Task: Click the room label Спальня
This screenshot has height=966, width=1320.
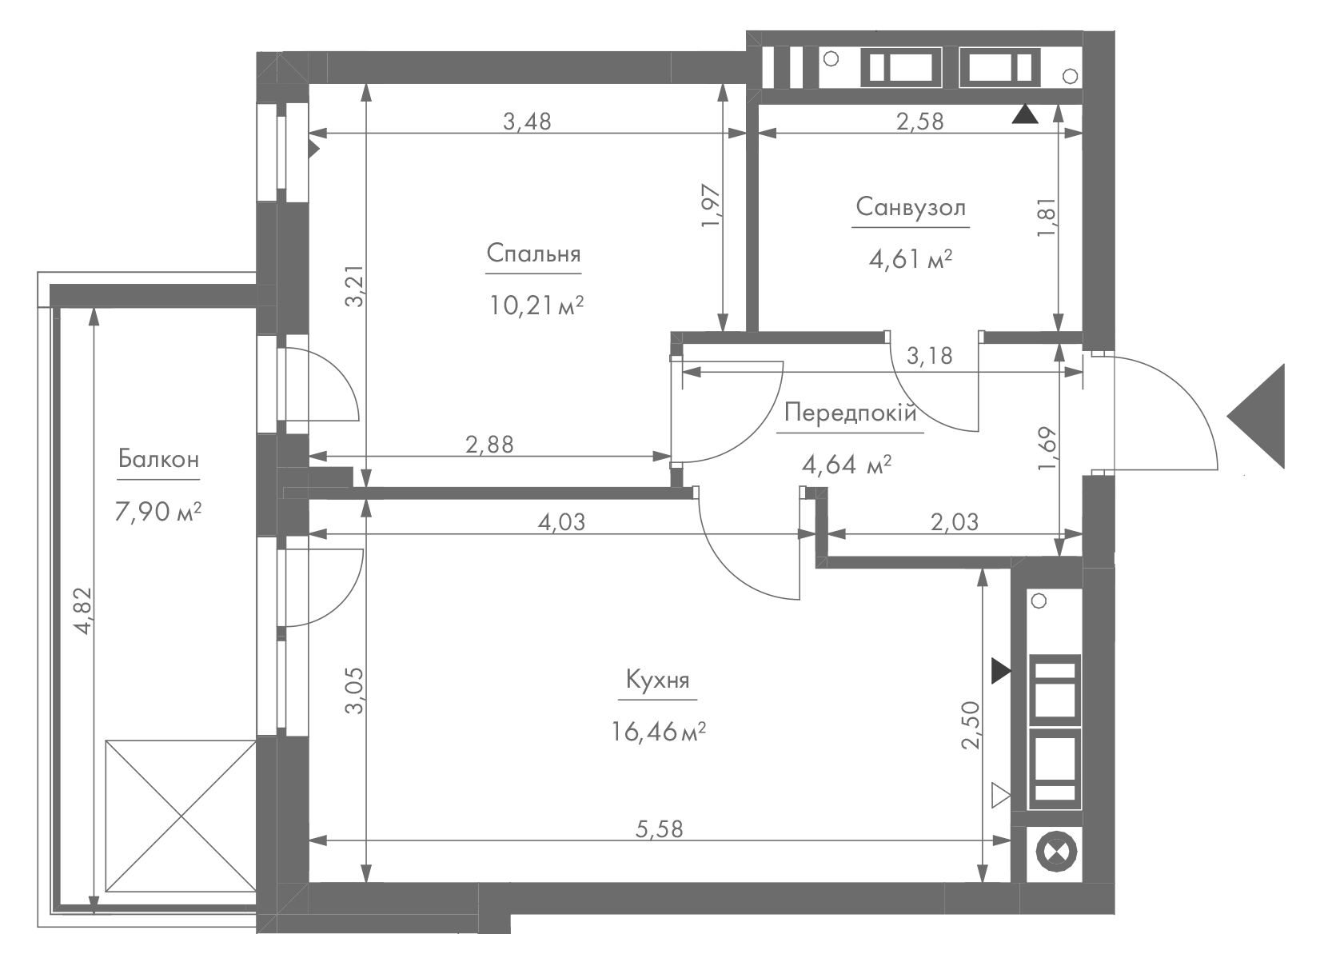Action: click(533, 254)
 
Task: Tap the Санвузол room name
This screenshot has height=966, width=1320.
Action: click(911, 207)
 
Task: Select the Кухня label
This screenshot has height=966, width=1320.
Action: click(657, 681)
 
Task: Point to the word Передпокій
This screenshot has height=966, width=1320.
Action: click(851, 413)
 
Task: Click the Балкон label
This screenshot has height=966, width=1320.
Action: click(158, 458)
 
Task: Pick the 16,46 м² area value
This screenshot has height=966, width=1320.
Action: click(658, 732)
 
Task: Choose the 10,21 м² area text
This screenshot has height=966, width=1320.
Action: click(536, 306)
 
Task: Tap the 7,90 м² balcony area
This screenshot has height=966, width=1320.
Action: click(158, 512)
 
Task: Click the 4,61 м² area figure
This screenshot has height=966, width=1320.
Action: click(911, 259)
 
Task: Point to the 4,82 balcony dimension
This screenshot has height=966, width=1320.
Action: click(84, 611)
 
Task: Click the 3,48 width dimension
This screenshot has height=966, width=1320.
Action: click(527, 122)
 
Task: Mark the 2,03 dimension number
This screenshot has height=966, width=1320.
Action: click(955, 522)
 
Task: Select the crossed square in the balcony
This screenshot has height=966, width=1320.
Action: click(181, 816)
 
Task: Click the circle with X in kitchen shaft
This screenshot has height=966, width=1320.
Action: click(1055, 852)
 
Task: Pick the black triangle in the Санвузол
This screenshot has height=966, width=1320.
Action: click(1025, 114)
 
